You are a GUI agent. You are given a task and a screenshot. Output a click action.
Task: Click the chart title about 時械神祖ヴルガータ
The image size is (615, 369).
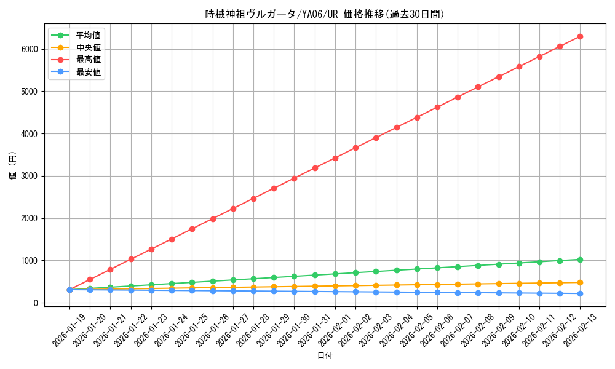pyautogui.click(x=325, y=14)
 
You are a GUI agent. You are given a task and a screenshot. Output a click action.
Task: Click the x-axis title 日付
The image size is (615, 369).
pyautogui.click(x=325, y=356)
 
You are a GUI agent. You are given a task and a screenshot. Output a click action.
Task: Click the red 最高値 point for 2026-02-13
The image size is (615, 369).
pyautogui.click(x=580, y=36)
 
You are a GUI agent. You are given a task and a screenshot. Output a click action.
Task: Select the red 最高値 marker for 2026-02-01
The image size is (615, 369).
pyautogui.click(x=335, y=158)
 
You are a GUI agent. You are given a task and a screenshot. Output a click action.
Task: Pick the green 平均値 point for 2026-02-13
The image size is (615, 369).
pyautogui.click(x=580, y=260)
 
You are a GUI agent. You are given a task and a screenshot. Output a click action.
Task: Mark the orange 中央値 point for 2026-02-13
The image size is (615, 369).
pyautogui.click(x=580, y=282)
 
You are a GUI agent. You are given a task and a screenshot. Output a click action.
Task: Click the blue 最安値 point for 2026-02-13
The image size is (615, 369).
pyautogui.click(x=580, y=293)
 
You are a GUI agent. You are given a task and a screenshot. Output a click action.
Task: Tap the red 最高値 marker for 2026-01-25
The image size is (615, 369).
pyautogui.click(x=192, y=229)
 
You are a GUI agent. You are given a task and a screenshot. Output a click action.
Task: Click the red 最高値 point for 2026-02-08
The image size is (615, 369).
pyautogui.click(x=478, y=87)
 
